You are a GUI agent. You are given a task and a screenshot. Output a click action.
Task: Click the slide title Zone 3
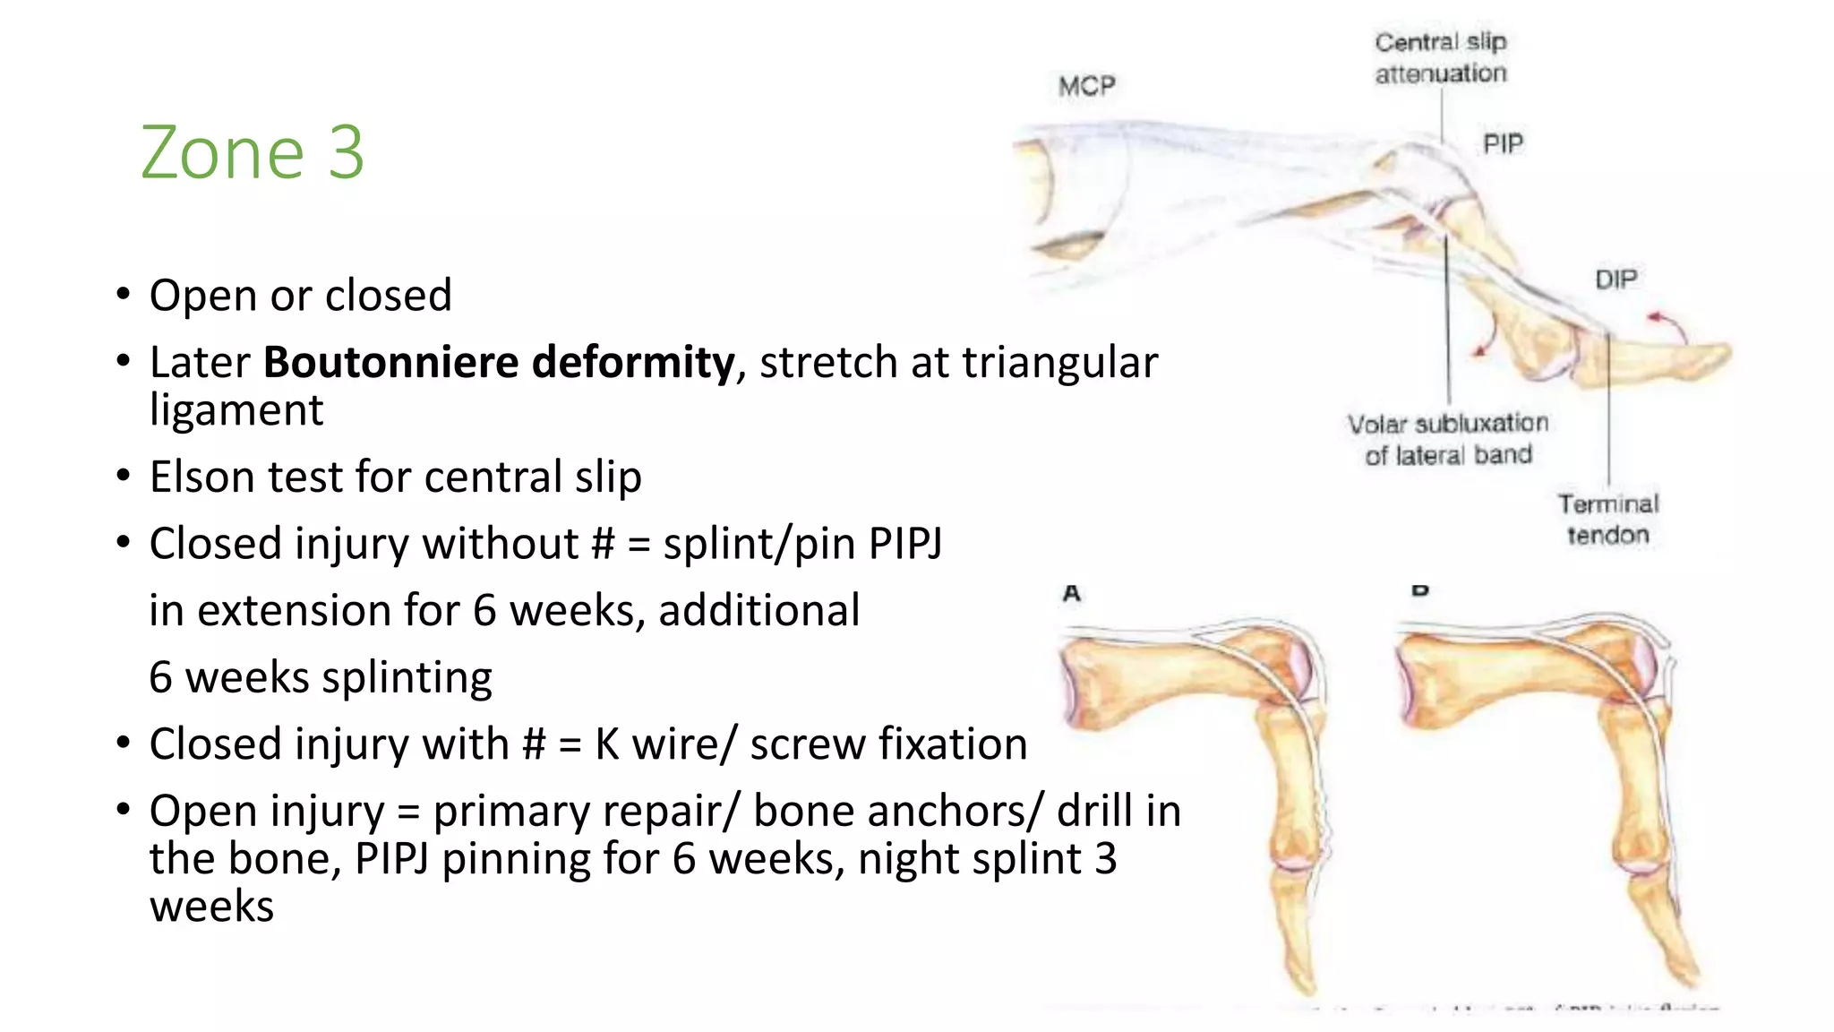[x=253, y=152]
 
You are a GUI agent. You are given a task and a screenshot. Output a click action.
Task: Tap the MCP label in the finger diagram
[x=1087, y=86]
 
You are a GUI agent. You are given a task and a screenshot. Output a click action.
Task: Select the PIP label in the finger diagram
[x=1503, y=143]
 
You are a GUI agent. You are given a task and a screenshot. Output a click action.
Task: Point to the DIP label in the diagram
[x=1616, y=279]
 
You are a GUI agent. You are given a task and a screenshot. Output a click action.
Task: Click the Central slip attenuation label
[x=1441, y=57]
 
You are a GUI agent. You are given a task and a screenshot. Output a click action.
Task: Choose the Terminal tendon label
[x=1608, y=520]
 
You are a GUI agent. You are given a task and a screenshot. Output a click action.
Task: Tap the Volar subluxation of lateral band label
[x=1448, y=439]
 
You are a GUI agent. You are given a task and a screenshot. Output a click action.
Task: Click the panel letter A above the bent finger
[x=1072, y=593]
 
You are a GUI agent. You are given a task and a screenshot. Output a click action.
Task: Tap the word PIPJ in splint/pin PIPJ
[x=904, y=544]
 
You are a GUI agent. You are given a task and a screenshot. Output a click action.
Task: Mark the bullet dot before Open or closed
[x=124, y=295]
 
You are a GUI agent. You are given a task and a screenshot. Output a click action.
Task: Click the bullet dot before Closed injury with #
[x=124, y=744]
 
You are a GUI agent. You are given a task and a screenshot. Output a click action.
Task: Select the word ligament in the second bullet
[x=236, y=410]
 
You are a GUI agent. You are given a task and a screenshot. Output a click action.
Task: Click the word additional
[x=759, y=611]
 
